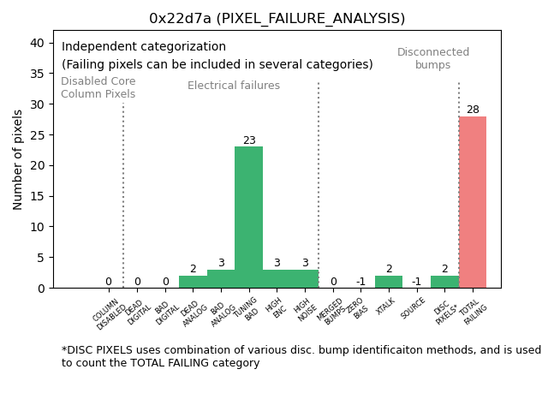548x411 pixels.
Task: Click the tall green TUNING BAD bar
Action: [248, 217]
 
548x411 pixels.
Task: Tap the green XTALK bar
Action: [388, 282]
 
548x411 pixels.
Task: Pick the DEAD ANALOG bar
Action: [193, 282]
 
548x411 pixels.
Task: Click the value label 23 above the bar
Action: [248, 140]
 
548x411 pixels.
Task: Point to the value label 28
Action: [473, 110]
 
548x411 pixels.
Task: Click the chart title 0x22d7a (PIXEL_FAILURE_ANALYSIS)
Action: [277, 18]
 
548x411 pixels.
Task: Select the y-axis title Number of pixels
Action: [18, 159]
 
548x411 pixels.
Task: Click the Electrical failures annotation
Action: [234, 86]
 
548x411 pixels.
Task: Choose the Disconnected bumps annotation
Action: [433, 58]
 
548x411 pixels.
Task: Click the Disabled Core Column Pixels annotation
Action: [98, 87]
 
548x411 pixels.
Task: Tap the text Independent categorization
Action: [144, 47]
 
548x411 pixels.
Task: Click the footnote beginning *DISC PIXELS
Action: [301, 356]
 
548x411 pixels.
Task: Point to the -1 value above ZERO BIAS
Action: [360, 282]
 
